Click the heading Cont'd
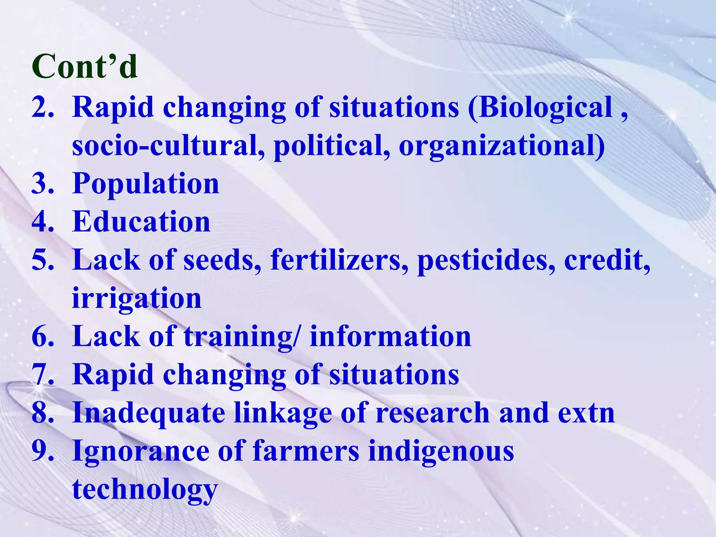(x=85, y=66)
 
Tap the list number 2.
(x=43, y=107)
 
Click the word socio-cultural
(x=168, y=145)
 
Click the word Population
(x=146, y=184)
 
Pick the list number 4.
(x=43, y=222)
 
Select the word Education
(x=141, y=222)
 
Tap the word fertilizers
(x=339, y=260)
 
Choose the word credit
(x=607, y=260)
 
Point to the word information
(x=391, y=336)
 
